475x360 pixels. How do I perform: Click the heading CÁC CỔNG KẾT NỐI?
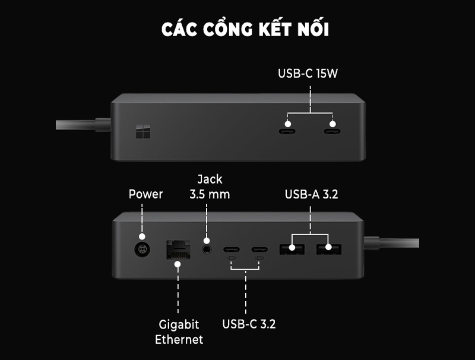coord(245,30)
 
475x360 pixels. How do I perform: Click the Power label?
coord(145,194)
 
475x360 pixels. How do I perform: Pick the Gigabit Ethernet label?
coord(179,332)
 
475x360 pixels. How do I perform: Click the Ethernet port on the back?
coord(178,248)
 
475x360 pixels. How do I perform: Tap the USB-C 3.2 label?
coord(249,324)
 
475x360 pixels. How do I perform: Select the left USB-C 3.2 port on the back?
coord(231,250)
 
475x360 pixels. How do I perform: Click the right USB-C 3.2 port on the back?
coord(259,250)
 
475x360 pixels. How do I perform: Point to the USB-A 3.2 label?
coord(311,194)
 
